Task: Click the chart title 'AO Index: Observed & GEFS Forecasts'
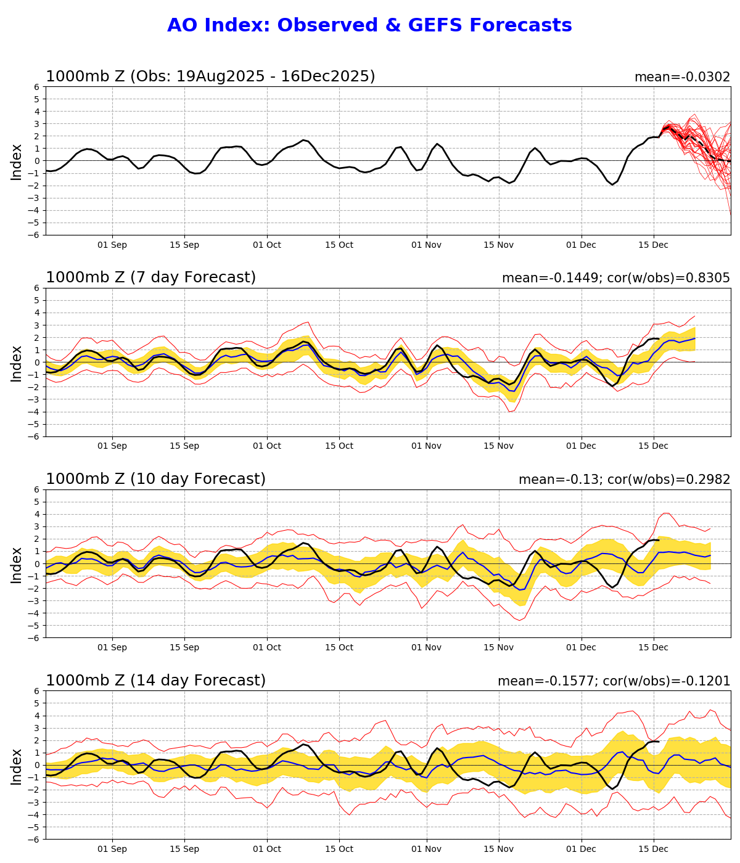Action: click(369, 26)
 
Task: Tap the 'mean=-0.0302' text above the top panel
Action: click(682, 77)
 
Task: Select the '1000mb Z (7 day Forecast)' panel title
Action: click(150, 277)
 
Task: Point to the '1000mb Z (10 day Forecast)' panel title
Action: click(155, 479)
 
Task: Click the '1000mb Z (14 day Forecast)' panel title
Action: click(155, 681)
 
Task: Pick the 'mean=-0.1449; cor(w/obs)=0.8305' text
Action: click(615, 278)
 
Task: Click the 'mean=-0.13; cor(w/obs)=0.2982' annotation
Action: click(624, 480)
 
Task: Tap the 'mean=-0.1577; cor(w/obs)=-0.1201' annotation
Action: click(614, 681)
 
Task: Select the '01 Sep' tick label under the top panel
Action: click(112, 245)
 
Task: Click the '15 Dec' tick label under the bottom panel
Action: click(653, 849)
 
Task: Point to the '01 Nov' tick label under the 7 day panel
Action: click(427, 446)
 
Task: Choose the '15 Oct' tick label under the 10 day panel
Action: click(339, 648)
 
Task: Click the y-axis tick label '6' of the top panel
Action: click(37, 87)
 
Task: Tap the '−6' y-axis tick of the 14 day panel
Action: click(35, 839)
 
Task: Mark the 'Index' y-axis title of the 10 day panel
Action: click(17, 564)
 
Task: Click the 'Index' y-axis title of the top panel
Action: click(17, 162)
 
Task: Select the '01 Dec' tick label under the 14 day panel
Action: click(581, 849)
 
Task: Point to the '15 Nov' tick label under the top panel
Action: click(498, 245)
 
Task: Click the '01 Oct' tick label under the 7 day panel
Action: click(267, 446)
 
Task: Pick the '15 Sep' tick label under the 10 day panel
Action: click(184, 648)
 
